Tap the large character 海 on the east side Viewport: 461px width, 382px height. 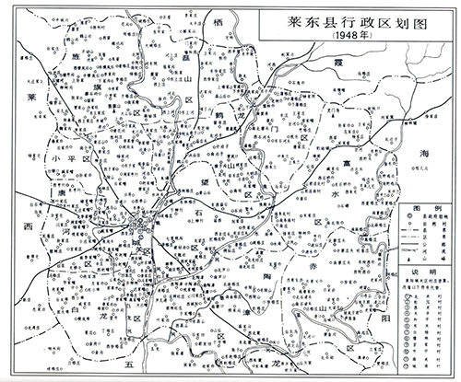(425, 152)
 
